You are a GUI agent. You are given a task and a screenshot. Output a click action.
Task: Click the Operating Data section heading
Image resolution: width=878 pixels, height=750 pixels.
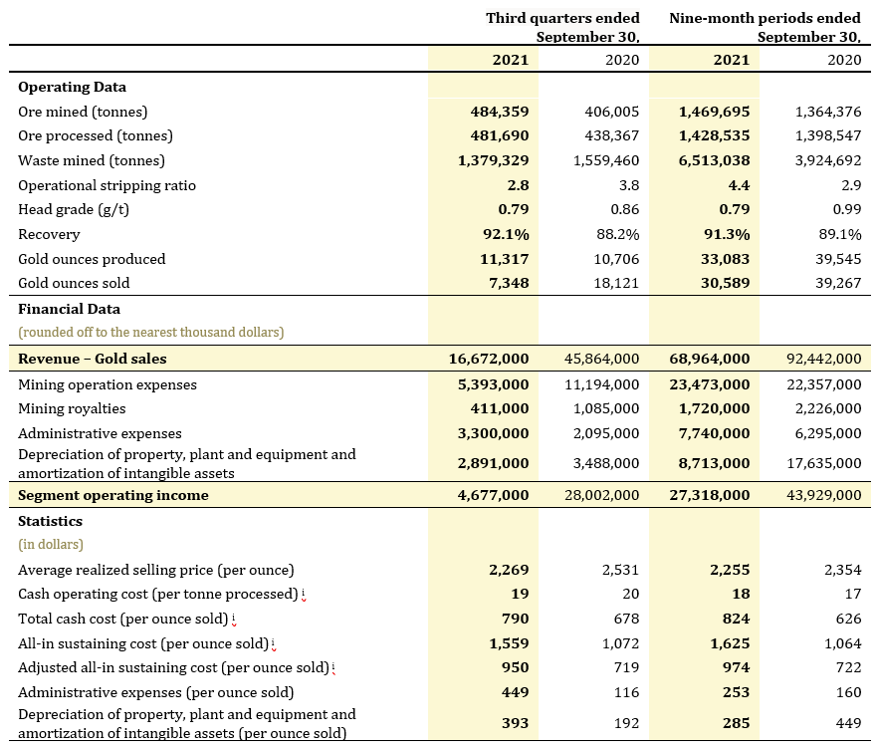pos(73,87)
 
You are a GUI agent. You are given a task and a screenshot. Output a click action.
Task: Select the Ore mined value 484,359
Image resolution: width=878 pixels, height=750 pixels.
pos(500,112)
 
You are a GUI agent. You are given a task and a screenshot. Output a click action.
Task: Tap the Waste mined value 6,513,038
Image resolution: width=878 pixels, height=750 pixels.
pos(714,160)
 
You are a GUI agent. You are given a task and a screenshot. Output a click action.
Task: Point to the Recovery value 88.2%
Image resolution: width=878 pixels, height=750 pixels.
pos(617,234)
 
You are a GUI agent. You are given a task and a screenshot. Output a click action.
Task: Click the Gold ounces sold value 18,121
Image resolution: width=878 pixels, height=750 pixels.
pos(616,283)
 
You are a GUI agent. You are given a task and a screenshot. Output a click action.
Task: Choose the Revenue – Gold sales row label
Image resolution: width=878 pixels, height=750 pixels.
pos(93,359)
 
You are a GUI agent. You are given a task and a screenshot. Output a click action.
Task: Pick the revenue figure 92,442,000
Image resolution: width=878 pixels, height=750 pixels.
pos(823,359)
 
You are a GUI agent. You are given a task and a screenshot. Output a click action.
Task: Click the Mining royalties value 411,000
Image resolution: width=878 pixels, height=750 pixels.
pos(500,409)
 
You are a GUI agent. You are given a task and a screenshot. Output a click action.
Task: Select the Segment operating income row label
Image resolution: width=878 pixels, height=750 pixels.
pos(113,495)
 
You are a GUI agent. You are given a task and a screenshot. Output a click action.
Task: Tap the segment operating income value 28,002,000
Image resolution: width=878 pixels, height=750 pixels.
pos(602,495)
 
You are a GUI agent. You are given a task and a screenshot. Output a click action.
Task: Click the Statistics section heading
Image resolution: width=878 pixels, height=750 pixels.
pos(50,521)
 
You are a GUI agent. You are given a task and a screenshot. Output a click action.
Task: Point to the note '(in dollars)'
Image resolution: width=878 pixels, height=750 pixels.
pos(51,545)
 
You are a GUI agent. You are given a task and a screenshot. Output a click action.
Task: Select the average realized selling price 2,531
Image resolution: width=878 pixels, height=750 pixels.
pos(620,570)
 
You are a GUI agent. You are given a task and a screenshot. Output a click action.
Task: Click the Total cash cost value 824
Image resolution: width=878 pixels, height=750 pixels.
pos(736,619)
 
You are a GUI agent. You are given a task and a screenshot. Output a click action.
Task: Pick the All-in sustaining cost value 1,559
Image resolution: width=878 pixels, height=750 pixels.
pos(509,643)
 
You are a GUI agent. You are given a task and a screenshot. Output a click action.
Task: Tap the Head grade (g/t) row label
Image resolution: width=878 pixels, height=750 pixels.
pos(74,209)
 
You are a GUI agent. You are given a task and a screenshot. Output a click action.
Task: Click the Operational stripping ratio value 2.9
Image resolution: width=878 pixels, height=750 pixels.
pos(851,185)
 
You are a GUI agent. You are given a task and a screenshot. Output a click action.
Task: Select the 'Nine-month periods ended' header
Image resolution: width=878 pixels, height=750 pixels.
pos(765,18)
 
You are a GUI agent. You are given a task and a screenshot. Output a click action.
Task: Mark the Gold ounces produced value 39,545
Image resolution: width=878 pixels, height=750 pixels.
pos(838,259)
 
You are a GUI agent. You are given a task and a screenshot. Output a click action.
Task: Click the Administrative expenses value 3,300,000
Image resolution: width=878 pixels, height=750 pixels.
pos(494,433)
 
